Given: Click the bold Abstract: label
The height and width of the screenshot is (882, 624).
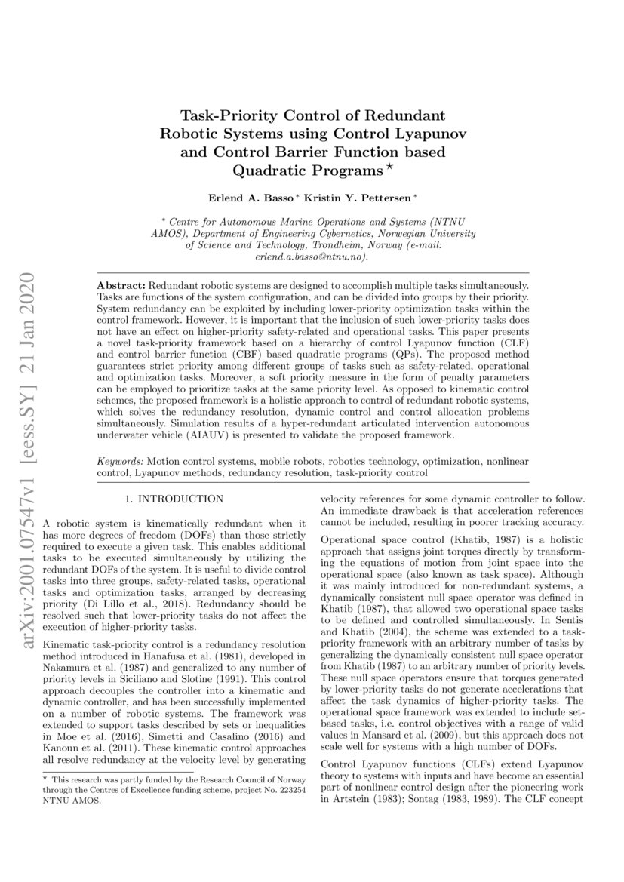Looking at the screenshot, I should point(123,288).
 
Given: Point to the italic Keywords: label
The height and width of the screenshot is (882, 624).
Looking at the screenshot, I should point(121,460).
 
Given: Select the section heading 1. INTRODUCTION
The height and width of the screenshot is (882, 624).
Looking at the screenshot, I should point(174,499).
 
